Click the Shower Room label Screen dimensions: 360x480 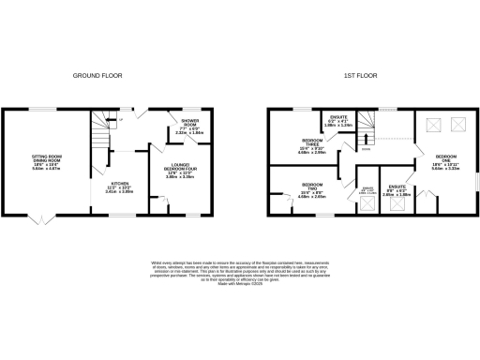pos(190,127)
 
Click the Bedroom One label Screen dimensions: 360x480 pos(445,161)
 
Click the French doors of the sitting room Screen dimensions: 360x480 pos(39,219)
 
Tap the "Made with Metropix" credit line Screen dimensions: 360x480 pos(239,284)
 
